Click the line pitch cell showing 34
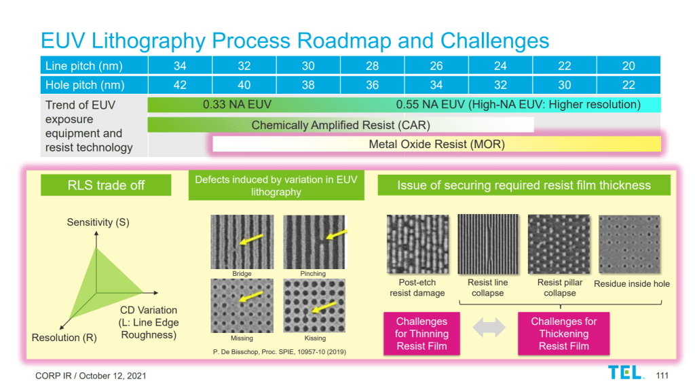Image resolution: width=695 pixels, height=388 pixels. pyautogui.click(x=180, y=66)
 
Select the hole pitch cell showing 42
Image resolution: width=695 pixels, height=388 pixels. pyautogui.click(x=180, y=86)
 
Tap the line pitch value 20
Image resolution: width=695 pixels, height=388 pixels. pyautogui.click(x=628, y=66)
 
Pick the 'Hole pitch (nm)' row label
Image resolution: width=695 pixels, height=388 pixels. pyautogui.click(x=85, y=86)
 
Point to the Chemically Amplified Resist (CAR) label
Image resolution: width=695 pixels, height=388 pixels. pyautogui.click(x=341, y=125)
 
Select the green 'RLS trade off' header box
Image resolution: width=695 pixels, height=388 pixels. pyautogui.click(x=106, y=185)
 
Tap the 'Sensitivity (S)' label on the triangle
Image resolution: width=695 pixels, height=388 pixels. pyautogui.click(x=98, y=222)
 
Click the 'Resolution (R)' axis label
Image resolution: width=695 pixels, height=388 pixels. pyautogui.click(x=64, y=338)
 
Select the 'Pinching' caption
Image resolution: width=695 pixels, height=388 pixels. pyautogui.click(x=313, y=274)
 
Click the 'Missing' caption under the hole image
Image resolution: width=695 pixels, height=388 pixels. pyautogui.click(x=242, y=338)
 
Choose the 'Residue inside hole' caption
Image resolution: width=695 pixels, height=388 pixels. pyautogui.click(x=631, y=283)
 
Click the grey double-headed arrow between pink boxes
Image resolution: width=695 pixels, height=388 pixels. pyautogui.click(x=489, y=328)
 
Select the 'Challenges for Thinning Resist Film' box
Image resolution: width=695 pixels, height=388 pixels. pyautogui.click(x=421, y=334)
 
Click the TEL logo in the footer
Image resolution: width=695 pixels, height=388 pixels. pyautogui.click(x=625, y=372)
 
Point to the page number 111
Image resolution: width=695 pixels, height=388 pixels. pyautogui.click(x=662, y=375)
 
